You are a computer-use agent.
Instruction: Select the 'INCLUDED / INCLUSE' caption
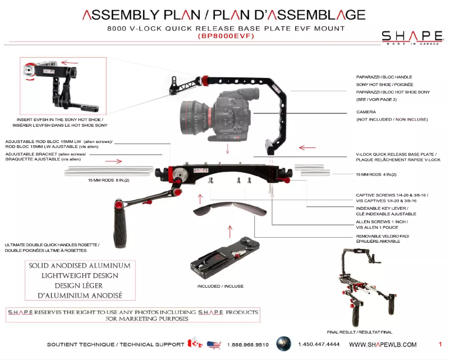click(x=220, y=286)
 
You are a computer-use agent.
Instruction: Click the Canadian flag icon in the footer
click(x=195, y=344)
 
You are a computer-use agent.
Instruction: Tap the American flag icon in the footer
click(x=213, y=344)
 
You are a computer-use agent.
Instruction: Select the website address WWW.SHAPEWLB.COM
click(x=383, y=344)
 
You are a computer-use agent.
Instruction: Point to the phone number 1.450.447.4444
click(x=319, y=344)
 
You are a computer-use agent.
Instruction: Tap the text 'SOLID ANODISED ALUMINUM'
click(x=79, y=265)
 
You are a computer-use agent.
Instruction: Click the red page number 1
click(x=440, y=344)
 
